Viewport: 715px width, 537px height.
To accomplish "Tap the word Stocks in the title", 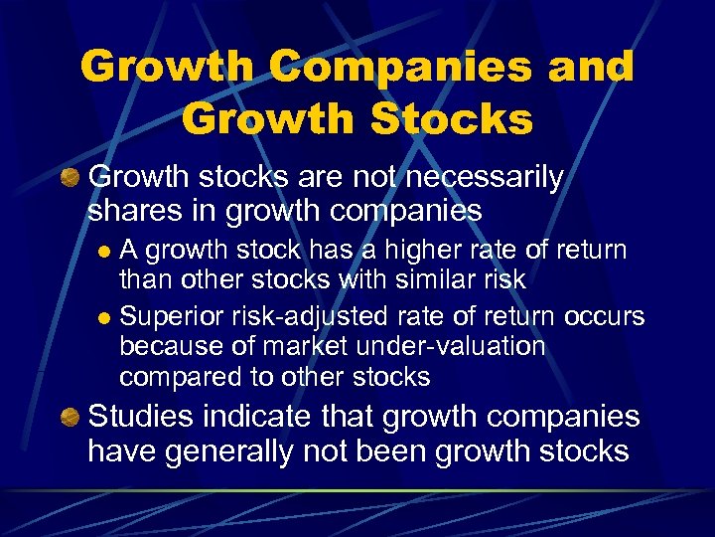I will coord(451,119).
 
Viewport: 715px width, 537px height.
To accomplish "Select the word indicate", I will coord(264,417).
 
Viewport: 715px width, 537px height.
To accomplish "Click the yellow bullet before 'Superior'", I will coord(104,318).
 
